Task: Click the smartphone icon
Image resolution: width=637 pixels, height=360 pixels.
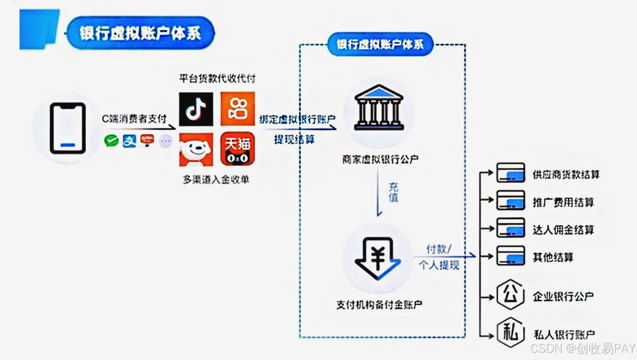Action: [68, 128]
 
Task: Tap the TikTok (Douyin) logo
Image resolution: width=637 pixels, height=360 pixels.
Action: [196, 109]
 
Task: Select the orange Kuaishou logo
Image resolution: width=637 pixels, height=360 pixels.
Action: [238, 109]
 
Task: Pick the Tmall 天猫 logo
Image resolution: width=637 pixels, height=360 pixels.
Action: [238, 149]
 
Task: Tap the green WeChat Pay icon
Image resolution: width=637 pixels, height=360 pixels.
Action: [111, 141]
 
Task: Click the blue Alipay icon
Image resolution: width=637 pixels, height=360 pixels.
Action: [129, 141]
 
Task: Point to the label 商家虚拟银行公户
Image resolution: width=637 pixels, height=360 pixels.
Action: [380, 159]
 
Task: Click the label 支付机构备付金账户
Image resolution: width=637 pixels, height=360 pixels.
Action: [379, 305]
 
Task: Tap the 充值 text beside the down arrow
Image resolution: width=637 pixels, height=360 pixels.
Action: [394, 193]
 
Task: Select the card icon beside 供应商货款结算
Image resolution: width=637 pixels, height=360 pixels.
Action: [511, 173]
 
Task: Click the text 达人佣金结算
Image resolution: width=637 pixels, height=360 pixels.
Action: [563, 230]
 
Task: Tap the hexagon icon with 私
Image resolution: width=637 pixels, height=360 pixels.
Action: [511, 333]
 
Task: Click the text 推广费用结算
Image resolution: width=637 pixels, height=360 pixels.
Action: [563, 202]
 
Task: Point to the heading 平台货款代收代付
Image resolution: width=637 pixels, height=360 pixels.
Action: [217, 79]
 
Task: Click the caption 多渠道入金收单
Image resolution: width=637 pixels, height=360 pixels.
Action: [216, 180]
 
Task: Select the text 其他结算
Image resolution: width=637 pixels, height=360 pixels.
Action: [553, 258]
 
